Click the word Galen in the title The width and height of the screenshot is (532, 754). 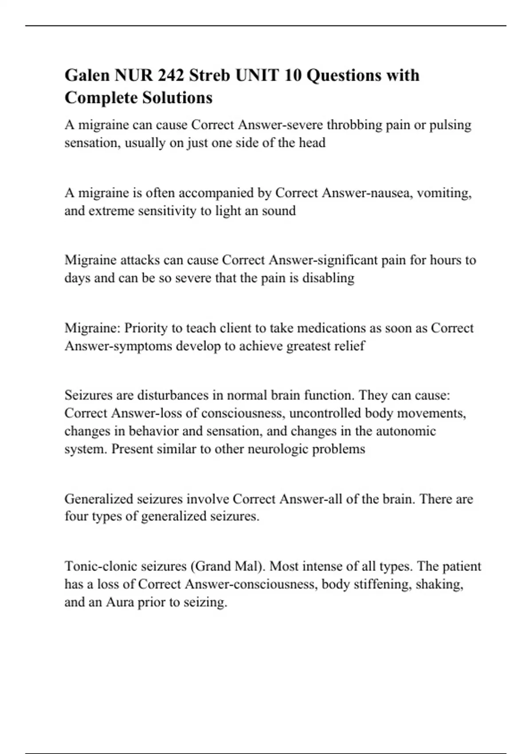87,75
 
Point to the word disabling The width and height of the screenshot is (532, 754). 328,278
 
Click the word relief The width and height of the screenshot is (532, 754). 350,346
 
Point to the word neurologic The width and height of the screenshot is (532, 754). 278,449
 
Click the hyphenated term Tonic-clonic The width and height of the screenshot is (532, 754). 100,566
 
